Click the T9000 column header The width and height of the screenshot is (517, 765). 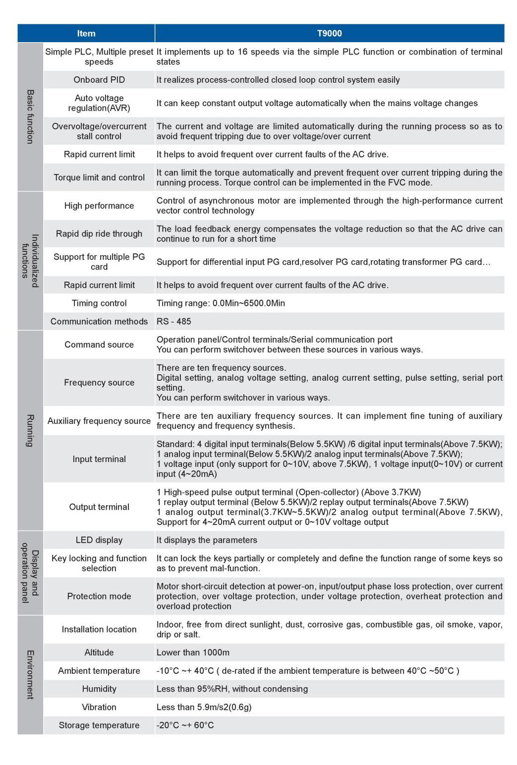(x=329, y=33)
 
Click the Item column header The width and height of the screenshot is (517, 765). (x=86, y=33)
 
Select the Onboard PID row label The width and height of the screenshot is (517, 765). (x=99, y=80)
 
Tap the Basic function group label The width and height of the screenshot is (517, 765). (x=30, y=117)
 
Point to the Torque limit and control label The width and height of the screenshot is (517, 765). (x=99, y=177)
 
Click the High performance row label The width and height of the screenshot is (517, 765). (x=99, y=206)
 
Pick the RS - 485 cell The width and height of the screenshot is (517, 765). (x=174, y=321)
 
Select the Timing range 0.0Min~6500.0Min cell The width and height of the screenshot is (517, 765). (x=221, y=303)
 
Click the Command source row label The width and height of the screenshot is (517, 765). (x=99, y=345)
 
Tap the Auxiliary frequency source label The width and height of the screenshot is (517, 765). (x=99, y=421)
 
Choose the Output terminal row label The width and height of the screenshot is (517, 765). (x=99, y=507)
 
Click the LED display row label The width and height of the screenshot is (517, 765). (x=99, y=540)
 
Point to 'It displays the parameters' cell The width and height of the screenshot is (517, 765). (x=207, y=540)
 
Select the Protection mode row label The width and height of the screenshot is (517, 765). (x=99, y=596)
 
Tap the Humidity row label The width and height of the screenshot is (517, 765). (x=99, y=689)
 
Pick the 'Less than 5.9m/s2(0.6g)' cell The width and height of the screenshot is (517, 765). (x=204, y=707)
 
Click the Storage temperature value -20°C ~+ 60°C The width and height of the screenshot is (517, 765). (x=185, y=725)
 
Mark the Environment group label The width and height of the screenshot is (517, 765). (x=30, y=674)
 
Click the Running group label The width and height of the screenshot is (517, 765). (x=30, y=430)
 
